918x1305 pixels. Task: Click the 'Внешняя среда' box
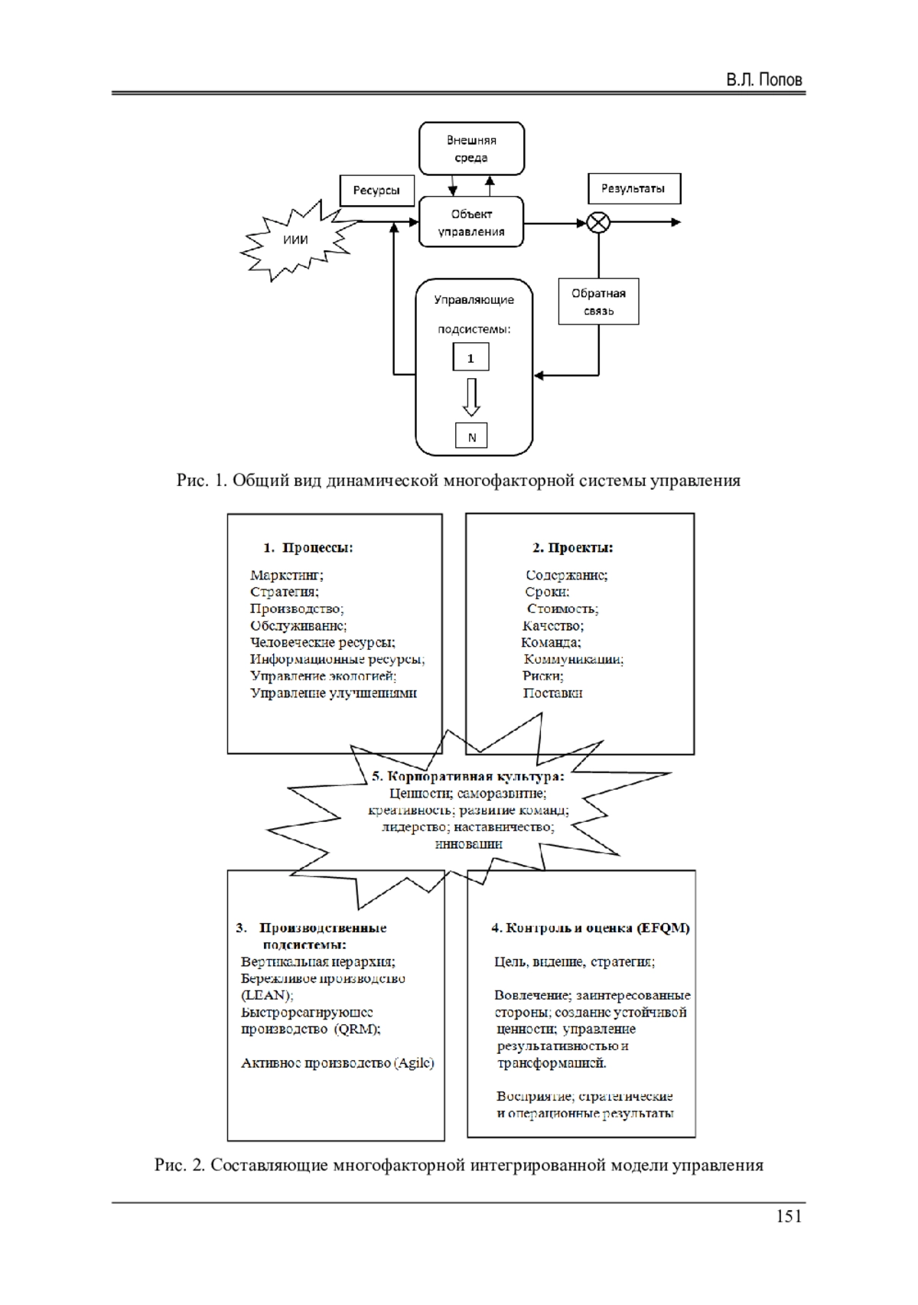pos(471,148)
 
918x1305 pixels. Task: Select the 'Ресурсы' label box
pos(376,190)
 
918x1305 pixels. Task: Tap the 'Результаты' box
pos(633,188)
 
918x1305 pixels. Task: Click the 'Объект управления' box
pos(471,222)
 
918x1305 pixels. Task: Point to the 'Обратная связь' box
pos(598,302)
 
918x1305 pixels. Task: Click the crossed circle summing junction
pos(598,223)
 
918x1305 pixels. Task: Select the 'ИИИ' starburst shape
pos(295,240)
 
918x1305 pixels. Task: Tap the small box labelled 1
pos(470,357)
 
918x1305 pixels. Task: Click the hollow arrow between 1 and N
pos(471,396)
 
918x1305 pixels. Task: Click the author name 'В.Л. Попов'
pos(763,80)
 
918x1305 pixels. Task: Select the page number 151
pos(789,1216)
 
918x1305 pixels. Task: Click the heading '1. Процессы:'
pos(308,547)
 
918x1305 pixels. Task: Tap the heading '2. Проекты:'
pos(572,547)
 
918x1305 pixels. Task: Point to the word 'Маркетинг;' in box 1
pos(286,575)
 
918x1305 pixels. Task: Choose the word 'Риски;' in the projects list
pos(543,676)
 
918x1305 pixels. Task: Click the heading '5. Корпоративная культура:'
pos(468,776)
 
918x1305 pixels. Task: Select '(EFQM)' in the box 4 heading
pos(663,928)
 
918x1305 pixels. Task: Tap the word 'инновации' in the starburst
pos(468,843)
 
